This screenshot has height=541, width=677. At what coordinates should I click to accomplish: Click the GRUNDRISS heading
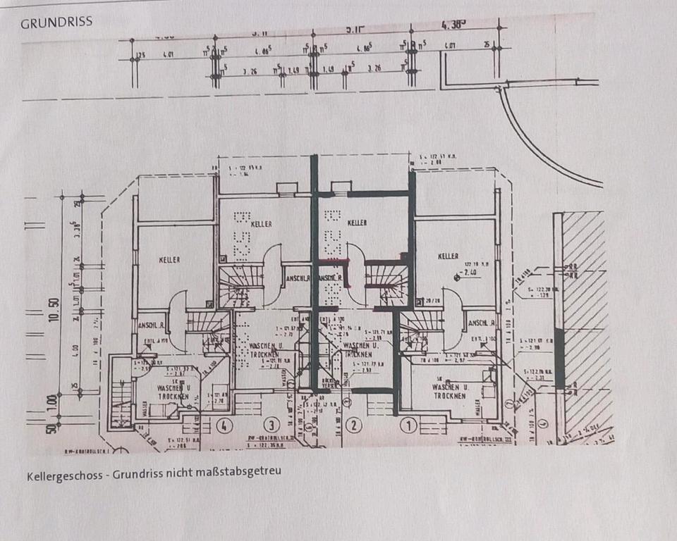(56, 22)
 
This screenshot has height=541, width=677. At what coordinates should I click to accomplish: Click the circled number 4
(225, 425)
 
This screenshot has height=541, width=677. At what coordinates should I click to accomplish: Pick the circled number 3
(272, 425)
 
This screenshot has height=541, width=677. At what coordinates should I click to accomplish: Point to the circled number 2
(353, 425)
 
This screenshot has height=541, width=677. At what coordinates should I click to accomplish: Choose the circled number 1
(408, 425)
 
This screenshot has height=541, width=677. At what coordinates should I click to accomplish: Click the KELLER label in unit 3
(259, 224)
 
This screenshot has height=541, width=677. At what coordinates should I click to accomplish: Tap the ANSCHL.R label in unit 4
(151, 325)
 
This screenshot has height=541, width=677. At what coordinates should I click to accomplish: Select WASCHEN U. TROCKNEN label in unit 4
(173, 392)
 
